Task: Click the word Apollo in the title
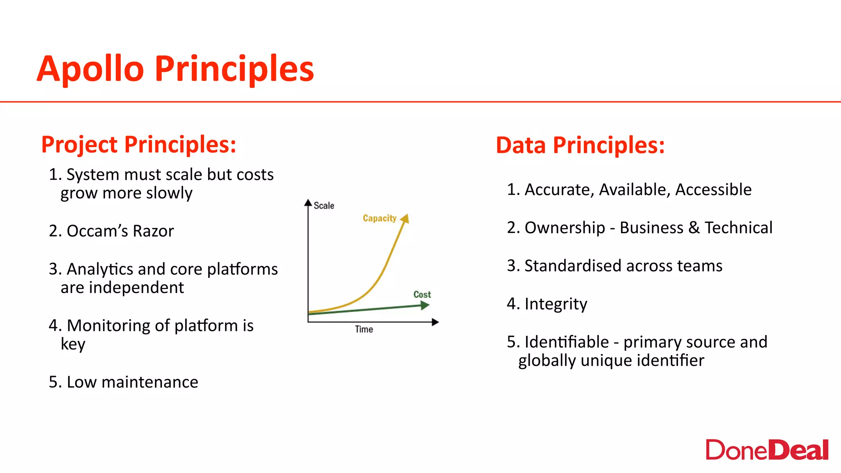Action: pos(90,69)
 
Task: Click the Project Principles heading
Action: pos(139,145)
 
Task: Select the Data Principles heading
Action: pos(580,145)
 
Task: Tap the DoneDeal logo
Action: pos(767,450)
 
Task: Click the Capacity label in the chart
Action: pos(379,218)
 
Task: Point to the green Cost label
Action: pos(422,294)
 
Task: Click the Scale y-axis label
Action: pos(324,205)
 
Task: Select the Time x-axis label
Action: pos(364,329)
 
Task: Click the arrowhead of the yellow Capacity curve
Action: pos(405,218)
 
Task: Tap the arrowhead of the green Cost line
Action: pos(425,305)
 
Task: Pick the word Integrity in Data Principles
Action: pos(556,304)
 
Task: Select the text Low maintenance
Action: pos(132,382)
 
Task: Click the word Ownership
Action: pos(565,228)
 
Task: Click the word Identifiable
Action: pos(567,342)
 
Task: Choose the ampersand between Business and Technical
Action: pos(694,228)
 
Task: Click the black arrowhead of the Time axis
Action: pos(435,322)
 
